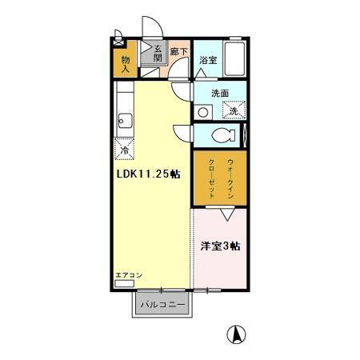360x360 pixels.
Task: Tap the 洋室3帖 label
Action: click(x=218, y=247)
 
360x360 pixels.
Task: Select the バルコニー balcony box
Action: click(x=162, y=305)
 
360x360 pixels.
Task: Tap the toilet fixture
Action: click(x=219, y=134)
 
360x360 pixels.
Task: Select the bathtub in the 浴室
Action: click(x=234, y=60)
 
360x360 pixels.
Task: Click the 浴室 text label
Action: click(x=207, y=61)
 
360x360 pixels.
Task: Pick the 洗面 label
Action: click(x=220, y=94)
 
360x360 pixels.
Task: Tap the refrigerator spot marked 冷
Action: click(x=124, y=150)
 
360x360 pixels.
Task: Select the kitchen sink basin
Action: click(x=123, y=122)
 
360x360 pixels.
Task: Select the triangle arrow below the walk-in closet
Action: click(x=228, y=214)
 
